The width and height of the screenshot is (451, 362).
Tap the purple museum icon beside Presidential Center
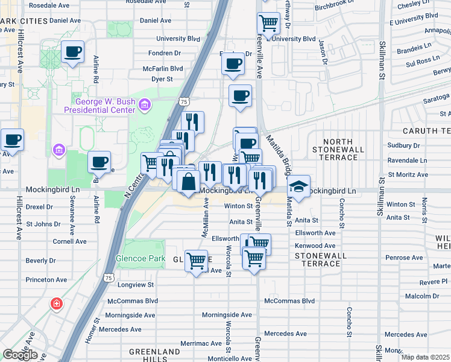point(144,106)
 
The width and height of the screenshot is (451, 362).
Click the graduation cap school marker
point(298,186)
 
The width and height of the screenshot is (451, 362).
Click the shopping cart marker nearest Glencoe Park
point(196,261)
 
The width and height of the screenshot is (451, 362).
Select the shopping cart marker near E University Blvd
point(268,24)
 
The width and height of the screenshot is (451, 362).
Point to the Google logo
point(19,354)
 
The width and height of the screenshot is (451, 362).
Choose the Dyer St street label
point(162,78)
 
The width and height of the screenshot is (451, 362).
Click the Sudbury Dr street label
point(403,145)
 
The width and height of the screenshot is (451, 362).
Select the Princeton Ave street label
point(46,279)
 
